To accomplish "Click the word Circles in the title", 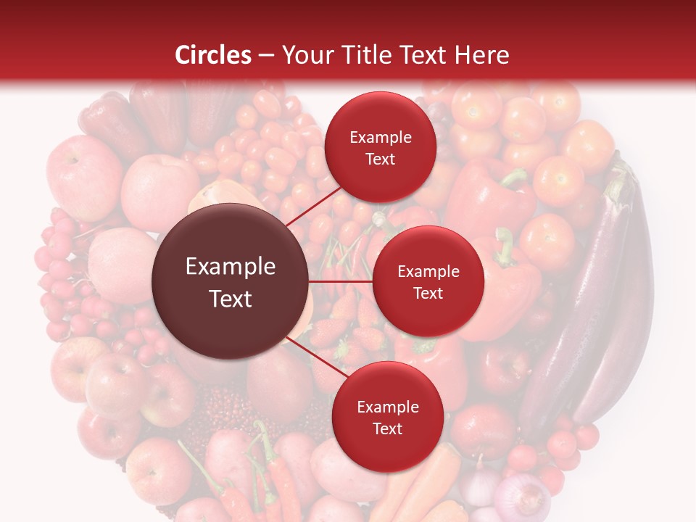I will click(213, 55).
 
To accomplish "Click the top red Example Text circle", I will click(380, 148).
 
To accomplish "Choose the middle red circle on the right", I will click(428, 282).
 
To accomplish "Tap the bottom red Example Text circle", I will click(387, 418).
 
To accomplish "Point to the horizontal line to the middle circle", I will click(341, 281).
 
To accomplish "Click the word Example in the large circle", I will click(231, 267).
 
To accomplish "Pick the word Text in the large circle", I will click(231, 299).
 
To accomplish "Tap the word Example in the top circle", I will click(381, 138).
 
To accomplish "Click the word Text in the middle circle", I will click(428, 294).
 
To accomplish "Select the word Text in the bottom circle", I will click(387, 429).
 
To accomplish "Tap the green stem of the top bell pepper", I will click(513, 176).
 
